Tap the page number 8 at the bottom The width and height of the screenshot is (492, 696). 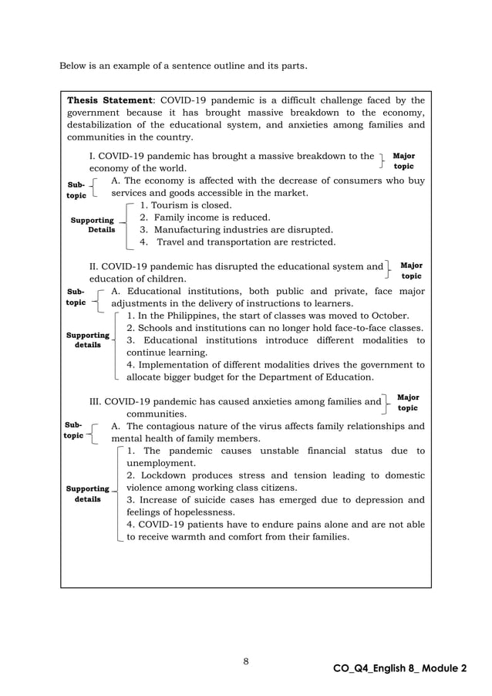click(x=245, y=661)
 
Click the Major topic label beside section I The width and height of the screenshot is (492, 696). click(x=403, y=160)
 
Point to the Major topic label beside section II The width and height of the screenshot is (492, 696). click(x=411, y=270)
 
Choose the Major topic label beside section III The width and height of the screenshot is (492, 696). click(x=408, y=402)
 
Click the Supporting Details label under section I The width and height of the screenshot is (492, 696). click(x=93, y=225)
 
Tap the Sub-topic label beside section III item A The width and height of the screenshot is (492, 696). click(x=73, y=430)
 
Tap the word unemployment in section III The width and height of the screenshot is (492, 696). click(x=163, y=463)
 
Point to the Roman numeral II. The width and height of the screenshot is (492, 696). click(x=94, y=266)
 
